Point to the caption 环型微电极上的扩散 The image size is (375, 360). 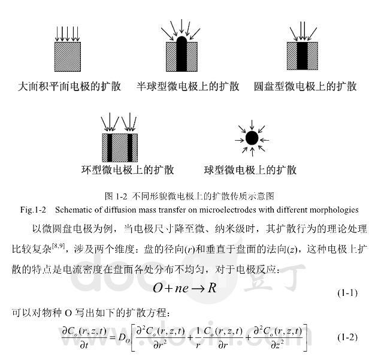[x=128, y=170]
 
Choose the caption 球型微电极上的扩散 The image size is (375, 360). [x=250, y=170]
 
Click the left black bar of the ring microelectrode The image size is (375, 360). [x=110, y=147]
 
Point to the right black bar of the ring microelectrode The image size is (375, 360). [x=129, y=147]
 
